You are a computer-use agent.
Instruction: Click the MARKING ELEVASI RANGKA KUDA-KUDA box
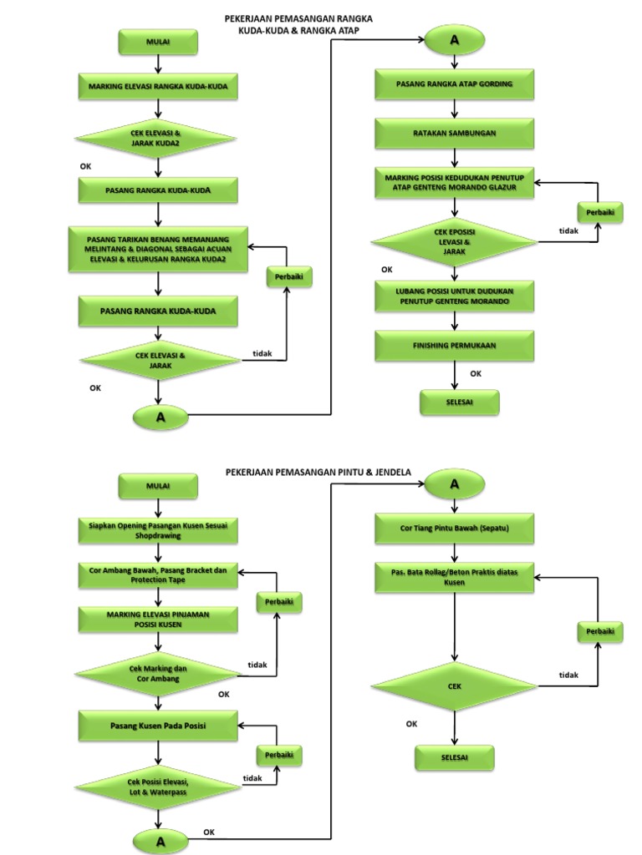pos(158,86)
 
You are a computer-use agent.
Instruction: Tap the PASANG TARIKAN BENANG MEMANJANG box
pos(158,248)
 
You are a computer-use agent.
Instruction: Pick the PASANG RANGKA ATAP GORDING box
pos(454,85)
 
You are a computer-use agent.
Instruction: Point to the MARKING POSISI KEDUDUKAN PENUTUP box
pos(454,183)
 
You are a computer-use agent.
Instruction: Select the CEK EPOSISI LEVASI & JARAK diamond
pos(454,242)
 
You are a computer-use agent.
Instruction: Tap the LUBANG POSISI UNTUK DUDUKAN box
pos(454,295)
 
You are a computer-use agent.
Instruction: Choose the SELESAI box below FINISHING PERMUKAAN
pos(459,403)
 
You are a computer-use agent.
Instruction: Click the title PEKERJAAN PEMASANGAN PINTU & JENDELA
pos(318,472)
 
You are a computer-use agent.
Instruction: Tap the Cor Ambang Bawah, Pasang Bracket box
pos(158,575)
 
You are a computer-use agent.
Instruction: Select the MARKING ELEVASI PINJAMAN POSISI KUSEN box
pos(158,620)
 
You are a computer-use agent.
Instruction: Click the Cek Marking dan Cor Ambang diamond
pos(158,674)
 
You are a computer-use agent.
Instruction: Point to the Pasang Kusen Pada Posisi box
pos(158,726)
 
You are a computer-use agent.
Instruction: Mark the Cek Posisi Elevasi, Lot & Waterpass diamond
pos(158,786)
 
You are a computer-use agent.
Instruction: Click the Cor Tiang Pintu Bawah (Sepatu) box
pos(454,529)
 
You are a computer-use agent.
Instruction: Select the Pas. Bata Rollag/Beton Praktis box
pos(454,575)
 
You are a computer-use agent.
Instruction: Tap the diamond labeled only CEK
pos(454,686)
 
